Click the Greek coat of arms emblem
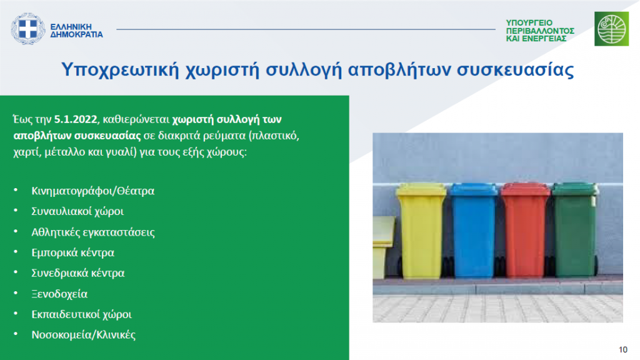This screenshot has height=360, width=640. (27, 29)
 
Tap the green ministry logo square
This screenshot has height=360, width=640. (611, 29)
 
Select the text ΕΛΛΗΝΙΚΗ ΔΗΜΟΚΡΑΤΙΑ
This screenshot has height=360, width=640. (76, 31)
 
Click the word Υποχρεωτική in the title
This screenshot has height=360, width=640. (120, 70)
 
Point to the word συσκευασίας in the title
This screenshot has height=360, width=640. (515, 70)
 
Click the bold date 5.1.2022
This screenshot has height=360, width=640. (76, 119)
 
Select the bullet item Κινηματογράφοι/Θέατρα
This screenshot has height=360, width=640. (93, 191)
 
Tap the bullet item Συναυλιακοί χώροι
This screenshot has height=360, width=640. (77, 211)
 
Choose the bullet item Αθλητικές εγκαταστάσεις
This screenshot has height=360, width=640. (93, 232)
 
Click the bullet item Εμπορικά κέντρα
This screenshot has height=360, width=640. (72, 252)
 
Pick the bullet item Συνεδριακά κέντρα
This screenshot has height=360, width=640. (78, 273)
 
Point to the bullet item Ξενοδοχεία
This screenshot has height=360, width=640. (59, 294)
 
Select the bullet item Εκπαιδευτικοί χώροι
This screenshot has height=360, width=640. (82, 314)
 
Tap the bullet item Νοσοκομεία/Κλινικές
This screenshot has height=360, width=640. (83, 335)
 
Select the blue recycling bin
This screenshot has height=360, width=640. (474, 231)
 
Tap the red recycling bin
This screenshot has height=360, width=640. (525, 230)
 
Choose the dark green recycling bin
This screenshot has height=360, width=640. (575, 229)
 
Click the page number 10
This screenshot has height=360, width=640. (623, 350)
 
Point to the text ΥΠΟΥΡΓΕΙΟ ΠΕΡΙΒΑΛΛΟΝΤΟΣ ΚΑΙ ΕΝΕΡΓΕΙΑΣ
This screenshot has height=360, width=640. (540, 31)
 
